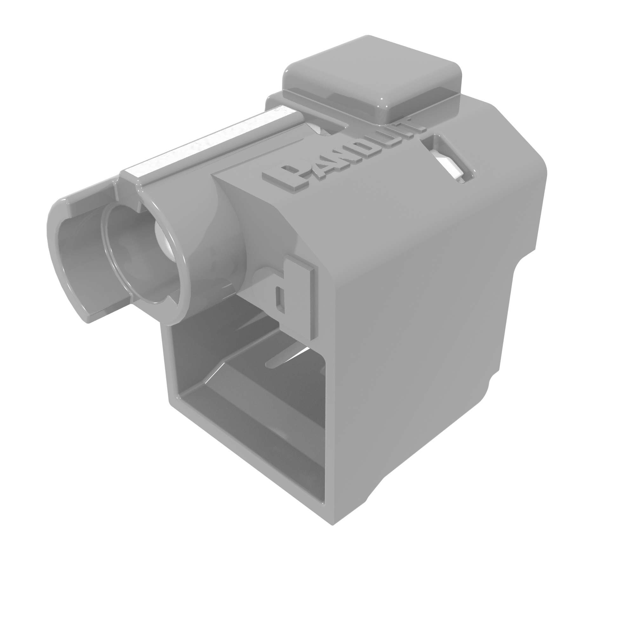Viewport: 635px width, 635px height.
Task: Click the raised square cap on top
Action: pos(371,79)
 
